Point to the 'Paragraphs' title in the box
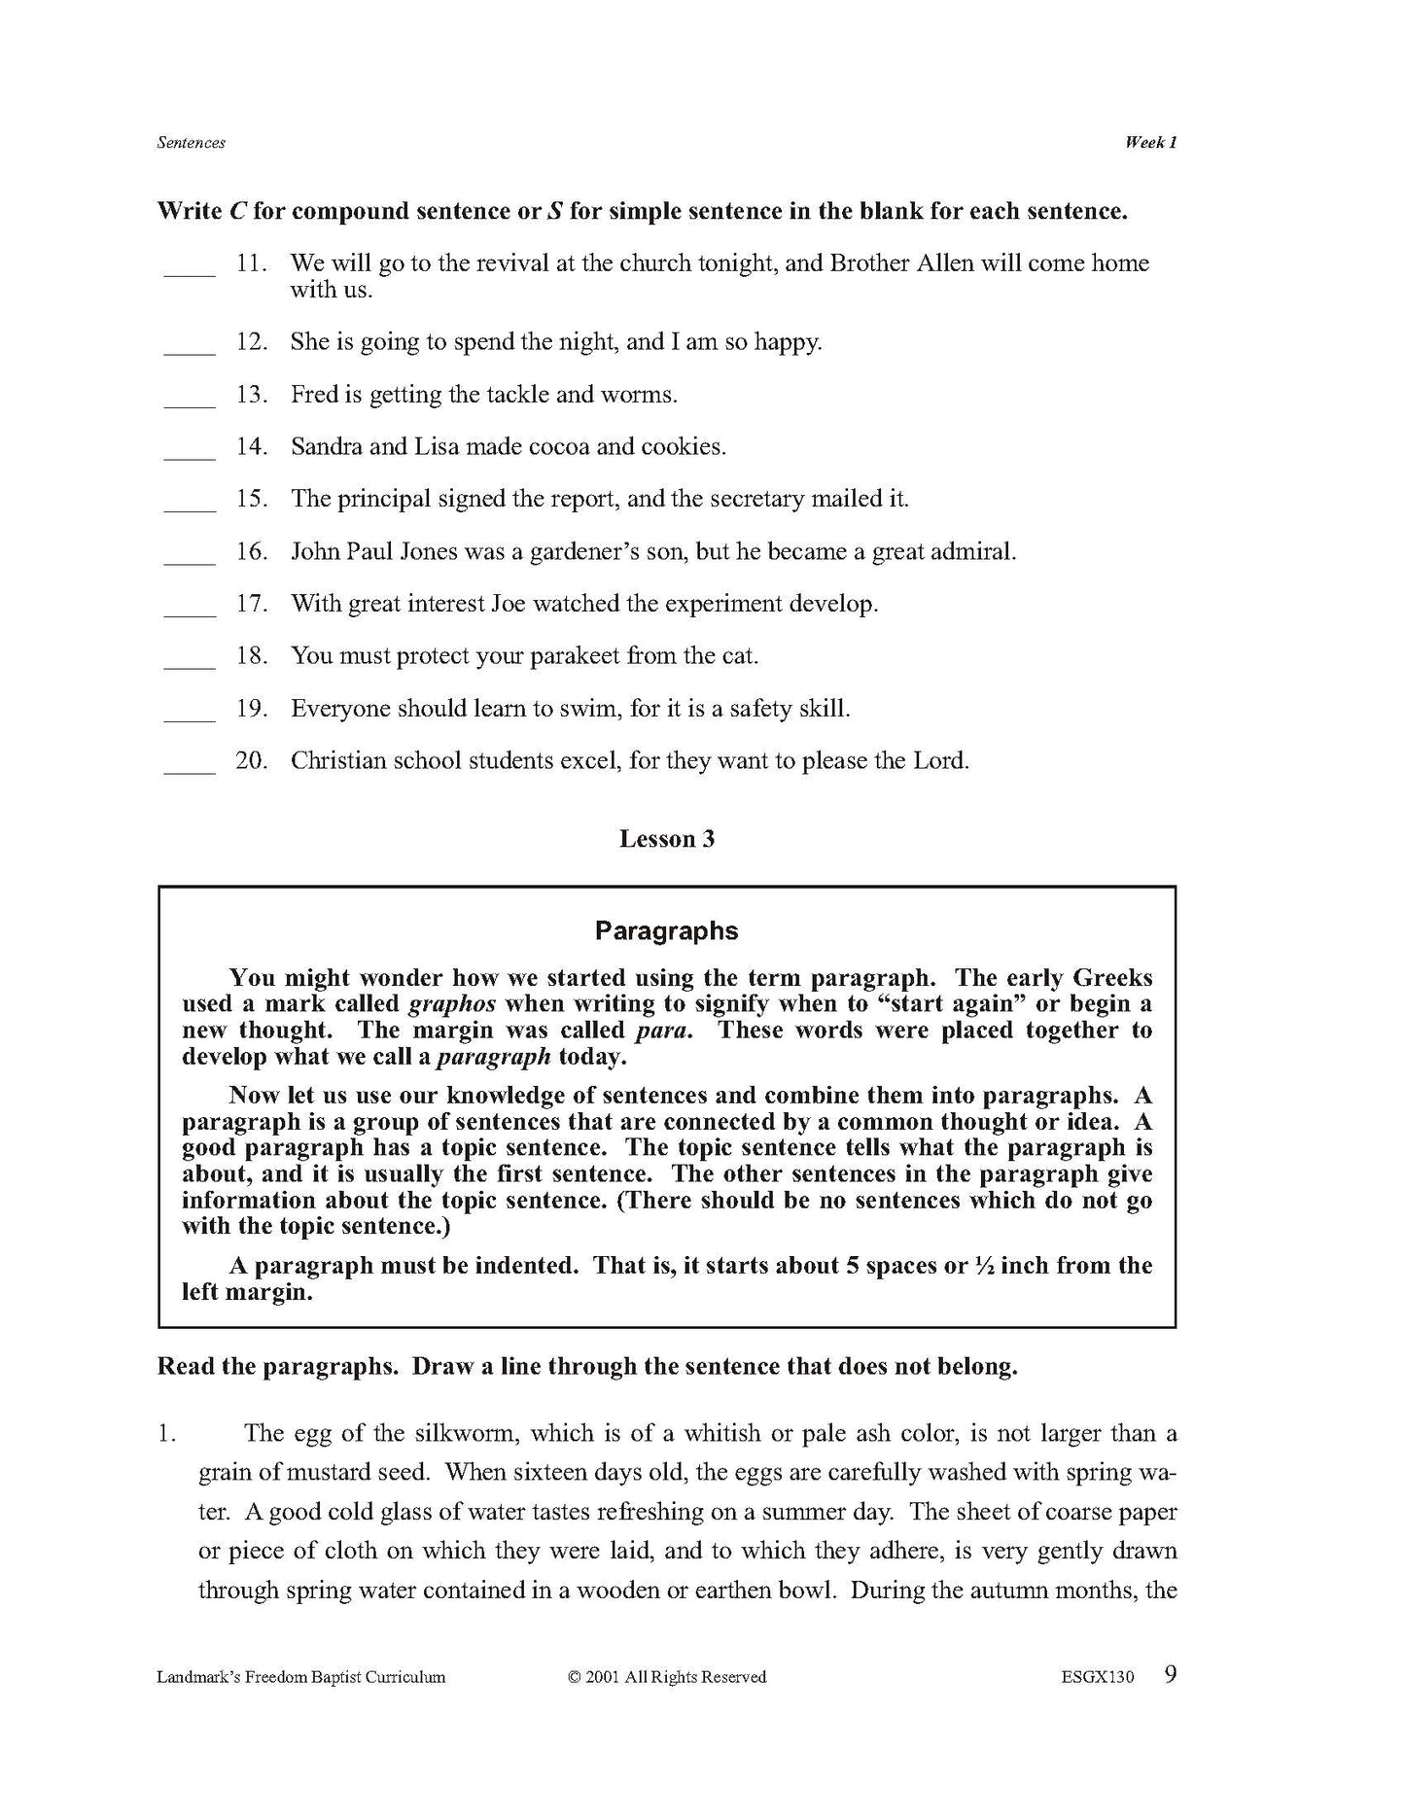point(666,930)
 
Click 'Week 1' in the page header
point(1150,143)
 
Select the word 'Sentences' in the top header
point(191,143)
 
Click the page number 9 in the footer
point(1171,1674)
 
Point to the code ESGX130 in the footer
point(1098,1677)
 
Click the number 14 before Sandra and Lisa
point(250,447)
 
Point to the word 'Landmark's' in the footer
point(197,1677)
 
